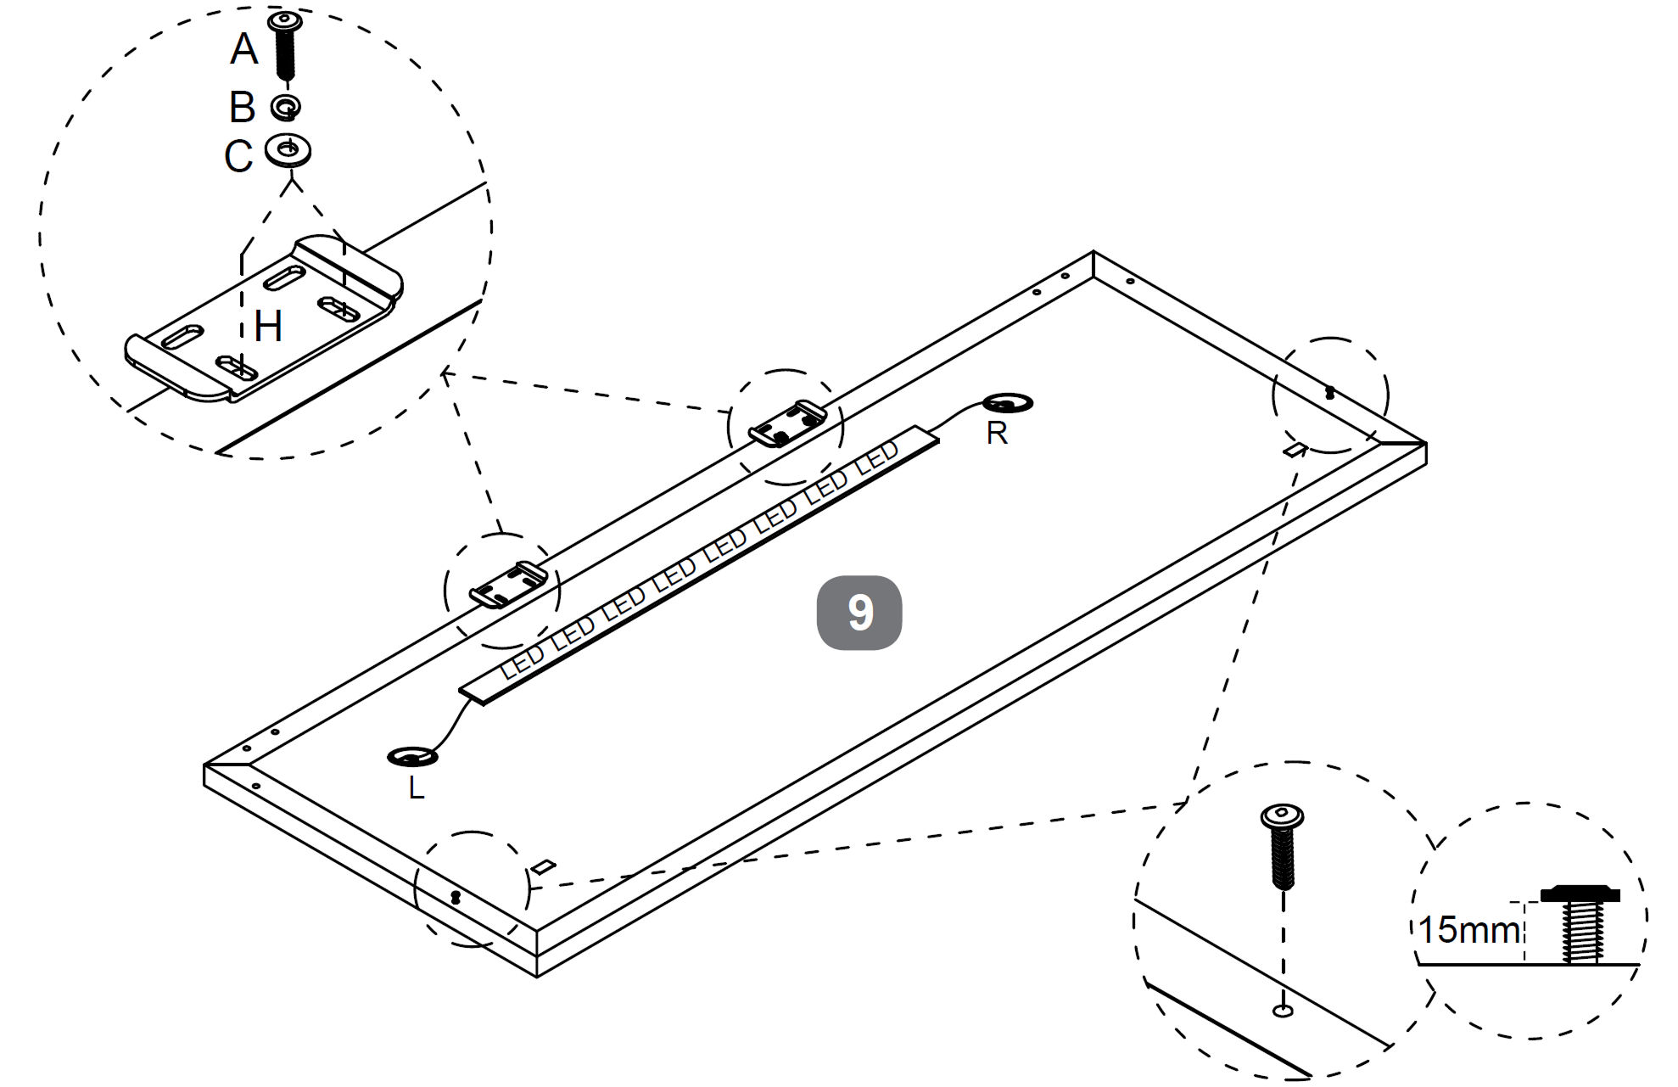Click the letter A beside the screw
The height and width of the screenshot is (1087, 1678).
click(x=244, y=49)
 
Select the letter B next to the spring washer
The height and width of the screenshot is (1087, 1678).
click(x=243, y=108)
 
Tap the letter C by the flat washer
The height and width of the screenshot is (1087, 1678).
click(x=238, y=156)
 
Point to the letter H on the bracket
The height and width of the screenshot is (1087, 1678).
click(x=268, y=326)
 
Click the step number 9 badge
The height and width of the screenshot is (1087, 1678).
click(x=859, y=613)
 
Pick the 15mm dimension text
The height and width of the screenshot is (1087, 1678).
click(x=1469, y=930)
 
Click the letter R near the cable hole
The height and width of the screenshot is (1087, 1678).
click(x=997, y=434)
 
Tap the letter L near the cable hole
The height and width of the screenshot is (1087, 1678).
click(x=416, y=788)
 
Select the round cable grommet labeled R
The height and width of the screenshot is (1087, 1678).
click(x=1008, y=403)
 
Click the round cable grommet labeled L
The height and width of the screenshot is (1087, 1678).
click(x=412, y=756)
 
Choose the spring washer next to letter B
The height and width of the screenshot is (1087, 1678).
click(x=286, y=108)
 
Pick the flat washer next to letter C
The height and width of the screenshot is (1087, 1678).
click(x=288, y=150)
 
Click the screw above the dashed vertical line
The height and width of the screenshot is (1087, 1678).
click(x=1282, y=844)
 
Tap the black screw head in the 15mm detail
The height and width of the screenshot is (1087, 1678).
click(x=1580, y=894)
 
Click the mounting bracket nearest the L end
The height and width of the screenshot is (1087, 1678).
click(x=507, y=585)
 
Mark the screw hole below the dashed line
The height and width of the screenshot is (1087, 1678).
click(x=1283, y=1011)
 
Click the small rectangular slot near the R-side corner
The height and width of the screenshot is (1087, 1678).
click(x=1294, y=449)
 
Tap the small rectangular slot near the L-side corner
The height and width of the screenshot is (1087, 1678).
click(x=543, y=866)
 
